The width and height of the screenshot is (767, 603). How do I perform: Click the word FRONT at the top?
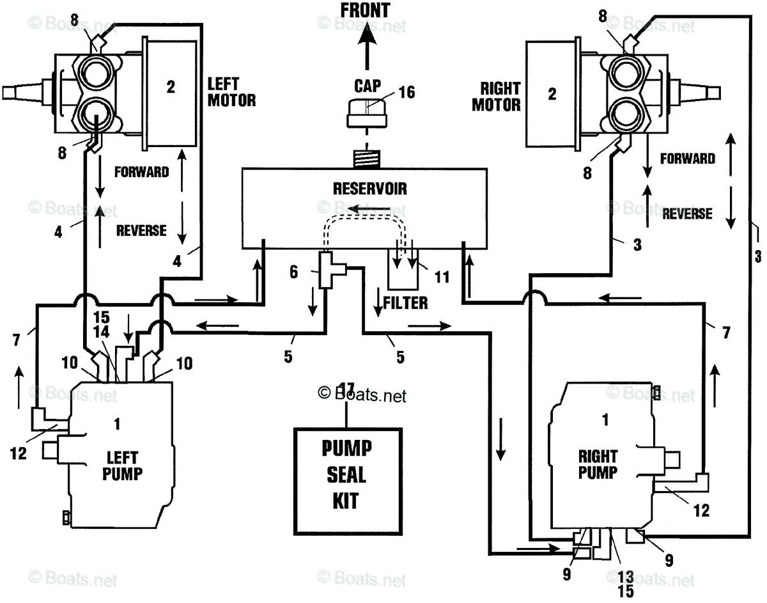pos(365,10)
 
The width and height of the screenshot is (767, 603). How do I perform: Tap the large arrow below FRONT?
pos(367,46)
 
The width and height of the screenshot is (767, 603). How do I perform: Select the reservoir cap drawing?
pos(367,113)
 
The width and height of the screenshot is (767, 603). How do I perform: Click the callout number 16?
pos(407,93)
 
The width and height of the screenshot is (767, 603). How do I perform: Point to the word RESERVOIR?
pos(370,189)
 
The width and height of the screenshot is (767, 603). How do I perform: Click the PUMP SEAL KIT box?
pos(348,482)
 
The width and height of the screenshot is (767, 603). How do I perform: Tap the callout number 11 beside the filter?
pos(442,277)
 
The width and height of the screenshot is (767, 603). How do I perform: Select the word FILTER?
pos(406,303)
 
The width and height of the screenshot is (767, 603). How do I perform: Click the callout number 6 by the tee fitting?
pos(293,272)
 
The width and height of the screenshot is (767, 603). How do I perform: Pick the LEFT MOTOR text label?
pos(231,92)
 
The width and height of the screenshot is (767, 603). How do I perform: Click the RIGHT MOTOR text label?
pos(496,97)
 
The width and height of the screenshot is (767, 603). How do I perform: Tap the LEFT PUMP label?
pos(122,466)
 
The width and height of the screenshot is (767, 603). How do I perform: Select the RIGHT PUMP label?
pos(598,464)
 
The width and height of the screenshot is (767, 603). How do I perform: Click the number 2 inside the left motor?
pos(171,87)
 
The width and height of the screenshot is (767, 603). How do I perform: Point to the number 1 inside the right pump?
pos(606,419)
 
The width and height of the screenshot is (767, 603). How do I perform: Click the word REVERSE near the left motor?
pos(141,231)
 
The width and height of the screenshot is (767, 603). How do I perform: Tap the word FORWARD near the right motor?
pos(688,159)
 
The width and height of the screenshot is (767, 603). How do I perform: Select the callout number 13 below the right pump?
pos(626,577)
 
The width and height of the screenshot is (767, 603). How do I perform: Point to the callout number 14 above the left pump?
pos(101,333)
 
